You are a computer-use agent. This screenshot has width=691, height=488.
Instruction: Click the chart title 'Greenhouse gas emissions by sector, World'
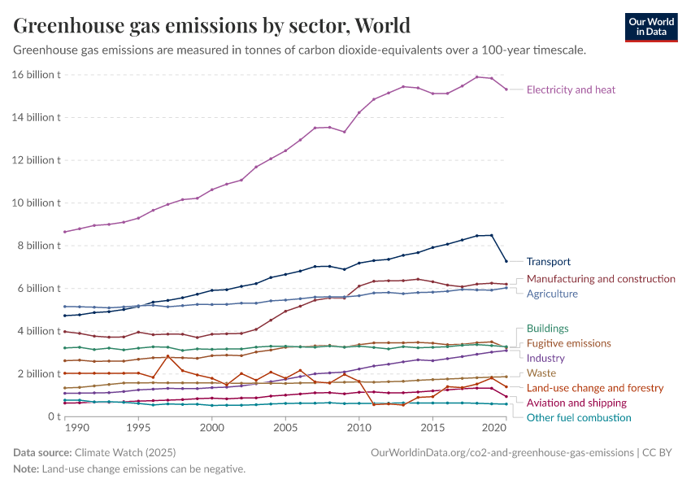pos(211,25)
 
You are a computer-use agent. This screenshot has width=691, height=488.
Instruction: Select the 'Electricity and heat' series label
pos(571,89)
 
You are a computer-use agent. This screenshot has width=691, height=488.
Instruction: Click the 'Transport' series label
pos(548,262)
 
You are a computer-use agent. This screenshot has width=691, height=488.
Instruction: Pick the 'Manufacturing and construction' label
pos(601,279)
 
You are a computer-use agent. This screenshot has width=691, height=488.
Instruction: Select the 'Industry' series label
pos(545,358)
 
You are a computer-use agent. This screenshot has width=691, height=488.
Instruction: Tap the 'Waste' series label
pos(541,373)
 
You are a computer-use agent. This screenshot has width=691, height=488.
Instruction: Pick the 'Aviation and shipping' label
pos(576,403)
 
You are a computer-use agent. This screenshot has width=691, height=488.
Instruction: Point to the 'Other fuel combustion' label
pos(578,418)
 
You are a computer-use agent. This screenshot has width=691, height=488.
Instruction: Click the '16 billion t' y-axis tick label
pos(37,75)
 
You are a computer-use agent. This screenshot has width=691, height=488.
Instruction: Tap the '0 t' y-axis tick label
pos(53,416)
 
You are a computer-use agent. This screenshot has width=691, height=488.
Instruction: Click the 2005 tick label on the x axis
pos(285,428)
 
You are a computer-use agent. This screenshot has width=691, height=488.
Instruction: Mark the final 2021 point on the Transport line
pos(506,261)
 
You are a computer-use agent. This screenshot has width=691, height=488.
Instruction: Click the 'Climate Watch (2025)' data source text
pos(125,452)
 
